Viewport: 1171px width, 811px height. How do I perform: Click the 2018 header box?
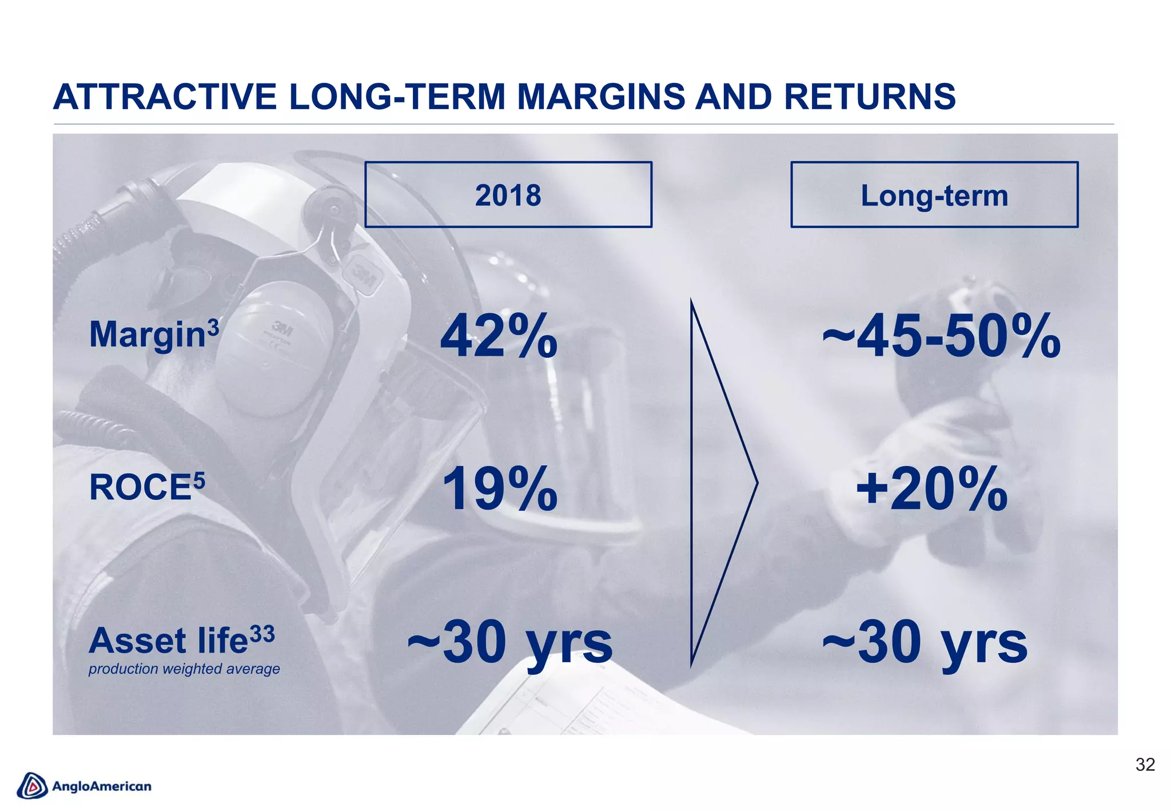coord(508,195)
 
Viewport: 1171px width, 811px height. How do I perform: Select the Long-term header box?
coord(934,195)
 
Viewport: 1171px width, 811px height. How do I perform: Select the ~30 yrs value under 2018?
coord(509,643)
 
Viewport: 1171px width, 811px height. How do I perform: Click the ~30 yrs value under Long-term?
coord(925,643)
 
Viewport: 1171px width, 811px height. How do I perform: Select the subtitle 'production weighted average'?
coord(184,669)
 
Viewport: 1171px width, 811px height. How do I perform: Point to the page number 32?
coord(1145,765)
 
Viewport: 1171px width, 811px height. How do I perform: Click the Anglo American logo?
coord(85,786)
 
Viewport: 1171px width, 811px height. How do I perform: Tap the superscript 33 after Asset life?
coord(262,634)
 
